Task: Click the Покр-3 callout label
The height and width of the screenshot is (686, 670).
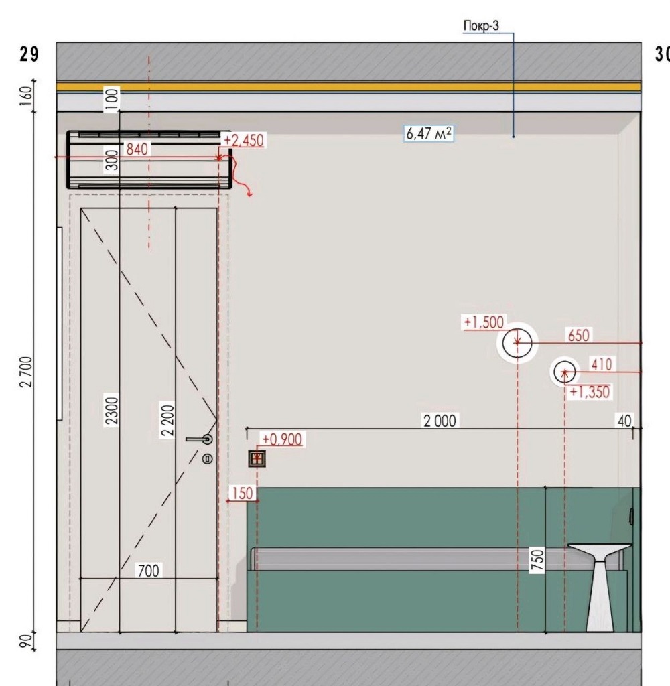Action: [x=481, y=26]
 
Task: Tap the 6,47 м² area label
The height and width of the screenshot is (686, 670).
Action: [x=429, y=133]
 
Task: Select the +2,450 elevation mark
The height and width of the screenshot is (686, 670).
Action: [x=244, y=141]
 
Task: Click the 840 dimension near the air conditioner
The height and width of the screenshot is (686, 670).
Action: [x=137, y=149]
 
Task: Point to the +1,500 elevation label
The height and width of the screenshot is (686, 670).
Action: [x=484, y=322]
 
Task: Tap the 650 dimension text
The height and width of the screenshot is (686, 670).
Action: [x=578, y=336]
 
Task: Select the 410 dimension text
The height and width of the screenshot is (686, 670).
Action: [x=601, y=364]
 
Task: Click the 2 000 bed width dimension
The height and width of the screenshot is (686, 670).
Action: [x=440, y=421]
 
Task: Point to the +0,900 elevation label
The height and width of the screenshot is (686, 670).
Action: [x=282, y=439]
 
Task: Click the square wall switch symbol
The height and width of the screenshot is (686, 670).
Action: [x=257, y=458]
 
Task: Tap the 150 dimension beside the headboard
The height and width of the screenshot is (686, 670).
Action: [x=242, y=494]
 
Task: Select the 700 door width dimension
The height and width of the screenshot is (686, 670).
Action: [x=148, y=571]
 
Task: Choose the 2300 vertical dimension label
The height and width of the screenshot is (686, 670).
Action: [x=112, y=411]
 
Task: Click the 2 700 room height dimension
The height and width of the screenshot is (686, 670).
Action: [x=26, y=372]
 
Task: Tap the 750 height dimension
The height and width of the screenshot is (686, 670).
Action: [x=537, y=560]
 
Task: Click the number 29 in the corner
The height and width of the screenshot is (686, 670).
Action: [x=29, y=54]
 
